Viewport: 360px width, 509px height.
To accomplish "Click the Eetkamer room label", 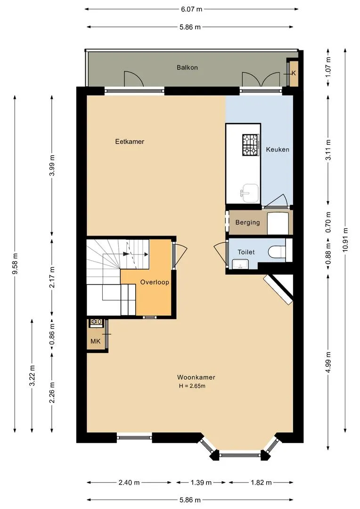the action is click(x=130, y=141).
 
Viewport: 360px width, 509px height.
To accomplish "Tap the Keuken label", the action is click(x=278, y=149).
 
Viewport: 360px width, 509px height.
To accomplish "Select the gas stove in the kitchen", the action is click(x=251, y=145).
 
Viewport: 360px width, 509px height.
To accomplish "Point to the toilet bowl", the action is click(x=277, y=252).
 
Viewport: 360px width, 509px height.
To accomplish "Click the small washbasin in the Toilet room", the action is click(x=240, y=264).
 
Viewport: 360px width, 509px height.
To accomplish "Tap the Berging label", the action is click(x=248, y=222).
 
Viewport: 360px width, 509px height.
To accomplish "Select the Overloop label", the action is click(x=155, y=282).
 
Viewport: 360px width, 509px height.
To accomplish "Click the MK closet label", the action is click(x=96, y=341).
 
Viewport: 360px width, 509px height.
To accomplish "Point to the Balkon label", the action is click(x=188, y=67).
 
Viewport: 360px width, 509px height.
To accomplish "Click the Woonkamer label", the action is click(x=196, y=377).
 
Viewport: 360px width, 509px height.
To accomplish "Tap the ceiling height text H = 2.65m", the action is click(x=192, y=386).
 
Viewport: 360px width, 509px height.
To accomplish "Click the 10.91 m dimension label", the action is click(x=345, y=239).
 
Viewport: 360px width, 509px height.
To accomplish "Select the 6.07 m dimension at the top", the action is click(x=191, y=9).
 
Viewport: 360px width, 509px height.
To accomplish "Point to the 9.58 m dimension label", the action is click(x=15, y=263).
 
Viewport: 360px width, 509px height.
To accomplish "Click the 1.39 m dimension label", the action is click(x=201, y=483).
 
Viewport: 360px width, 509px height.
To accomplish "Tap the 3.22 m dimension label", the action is click(x=32, y=376).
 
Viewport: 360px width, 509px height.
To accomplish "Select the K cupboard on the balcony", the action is click(x=294, y=73).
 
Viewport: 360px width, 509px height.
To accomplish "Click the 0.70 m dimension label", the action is click(x=328, y=222).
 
